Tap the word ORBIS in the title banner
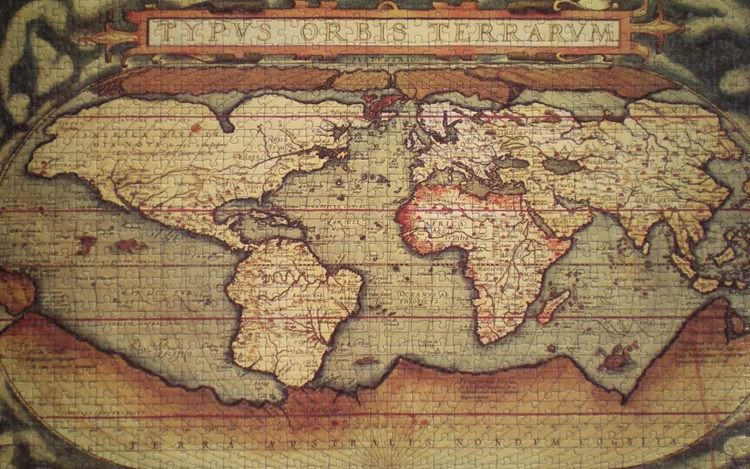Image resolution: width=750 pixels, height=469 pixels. click(347, 31)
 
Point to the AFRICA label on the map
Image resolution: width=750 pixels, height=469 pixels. click(444, 223)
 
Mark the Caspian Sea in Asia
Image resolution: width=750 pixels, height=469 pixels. click(558, 165)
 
